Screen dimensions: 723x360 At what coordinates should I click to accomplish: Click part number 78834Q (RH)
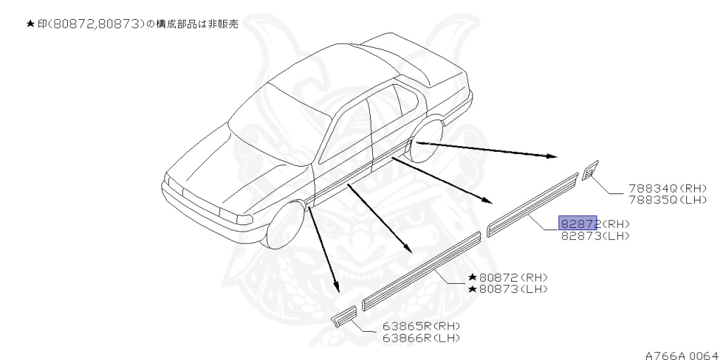(x=657, y=188)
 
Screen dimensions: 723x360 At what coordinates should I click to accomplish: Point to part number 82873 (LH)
(x=594, y=235)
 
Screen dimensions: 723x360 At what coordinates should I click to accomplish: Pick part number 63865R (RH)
(x=421, y=326)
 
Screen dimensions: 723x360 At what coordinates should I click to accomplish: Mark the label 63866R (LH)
(x=421, y=337)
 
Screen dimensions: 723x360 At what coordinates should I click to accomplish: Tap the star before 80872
(x=472, y=277)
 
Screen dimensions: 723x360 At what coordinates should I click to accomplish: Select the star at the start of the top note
(x=30, y=24)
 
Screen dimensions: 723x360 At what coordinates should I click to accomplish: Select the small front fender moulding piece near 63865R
(x=345, y=316)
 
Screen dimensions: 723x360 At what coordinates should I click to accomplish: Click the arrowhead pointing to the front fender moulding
(x=337, y=288)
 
